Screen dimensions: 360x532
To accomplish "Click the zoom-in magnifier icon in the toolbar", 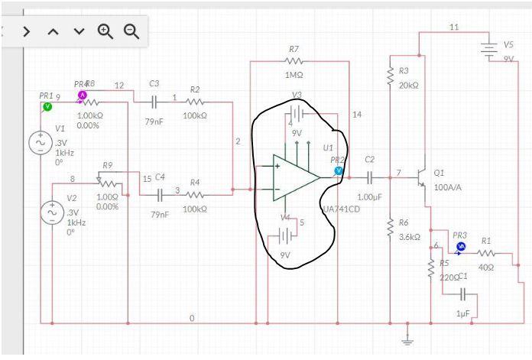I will tap(105, 31).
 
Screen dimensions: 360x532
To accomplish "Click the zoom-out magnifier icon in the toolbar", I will tap(131, 31).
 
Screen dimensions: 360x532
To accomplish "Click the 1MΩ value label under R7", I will tap(294, 76).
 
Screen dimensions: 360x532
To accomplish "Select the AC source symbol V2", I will tap(52, 212).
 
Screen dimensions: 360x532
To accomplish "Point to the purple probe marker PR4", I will tap(83, 95).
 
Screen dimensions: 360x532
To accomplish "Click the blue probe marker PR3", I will tap(460, 246).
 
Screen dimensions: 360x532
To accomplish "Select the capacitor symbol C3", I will tap(154, 101).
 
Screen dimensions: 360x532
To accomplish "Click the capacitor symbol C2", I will tap(370, 177).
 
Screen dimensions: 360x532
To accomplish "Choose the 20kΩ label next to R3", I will tap(409, 85).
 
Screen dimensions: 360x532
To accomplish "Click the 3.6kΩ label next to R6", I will tap(410, 236).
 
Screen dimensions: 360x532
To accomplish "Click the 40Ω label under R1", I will tap(486, 267).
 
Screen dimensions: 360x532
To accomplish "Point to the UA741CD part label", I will tap(341, 209).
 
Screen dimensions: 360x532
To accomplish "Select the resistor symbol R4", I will tap(194, 194).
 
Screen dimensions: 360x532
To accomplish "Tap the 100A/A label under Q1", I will tap(448, 186).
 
